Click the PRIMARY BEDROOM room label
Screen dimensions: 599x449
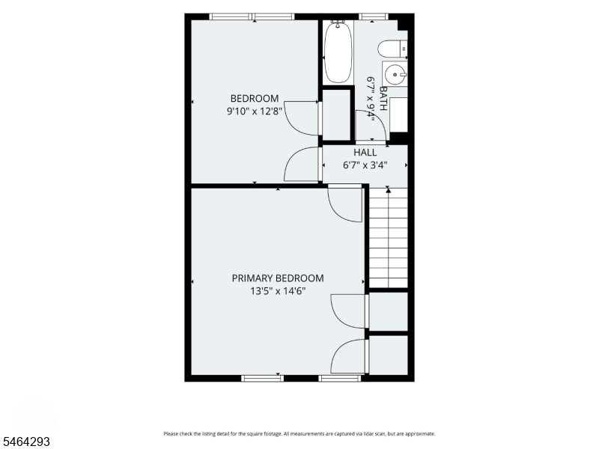click(x=278, y=278)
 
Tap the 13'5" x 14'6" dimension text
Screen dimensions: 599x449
click(x=278, y=291)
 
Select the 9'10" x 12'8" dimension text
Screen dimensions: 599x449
click(x=255, y=112)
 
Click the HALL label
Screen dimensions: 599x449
click(x=365, y=153)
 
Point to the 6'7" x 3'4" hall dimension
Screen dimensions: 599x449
click(x=365, y=165)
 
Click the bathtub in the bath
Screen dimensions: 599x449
click(x=338, y=52)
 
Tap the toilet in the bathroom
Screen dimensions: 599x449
click(x=392, y=49)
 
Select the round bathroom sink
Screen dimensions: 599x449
click(x=395, y=74)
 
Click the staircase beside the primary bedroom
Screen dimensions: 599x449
click(x=388, y=237)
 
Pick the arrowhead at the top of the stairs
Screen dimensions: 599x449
click(x=388, y=190)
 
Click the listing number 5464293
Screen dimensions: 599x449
click(x=25, y=442)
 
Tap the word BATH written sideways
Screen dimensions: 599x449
click(x=383, y=98)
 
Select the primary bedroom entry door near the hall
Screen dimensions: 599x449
click(x=345, y=203)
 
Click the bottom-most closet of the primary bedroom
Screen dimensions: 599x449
click(x=389, y=355)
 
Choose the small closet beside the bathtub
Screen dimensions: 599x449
click(x=336, y=115)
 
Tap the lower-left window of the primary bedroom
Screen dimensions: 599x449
click(x=263, y=379)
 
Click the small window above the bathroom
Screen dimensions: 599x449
click(x=374, y=16)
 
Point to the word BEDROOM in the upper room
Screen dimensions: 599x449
click(x=255, y=99)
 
